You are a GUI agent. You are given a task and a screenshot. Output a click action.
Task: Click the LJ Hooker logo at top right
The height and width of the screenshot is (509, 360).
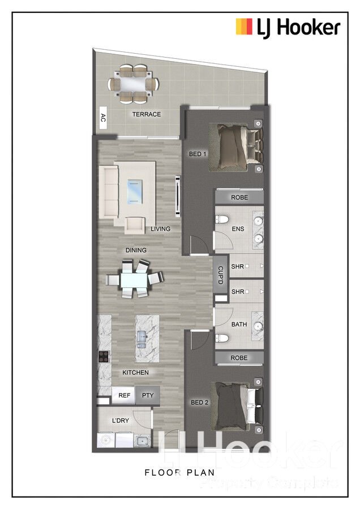pos(288,27)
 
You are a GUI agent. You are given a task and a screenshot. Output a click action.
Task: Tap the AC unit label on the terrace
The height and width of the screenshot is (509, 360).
pos(103,118)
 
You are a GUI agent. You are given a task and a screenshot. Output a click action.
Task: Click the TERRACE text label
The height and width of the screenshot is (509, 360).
pos(147,114)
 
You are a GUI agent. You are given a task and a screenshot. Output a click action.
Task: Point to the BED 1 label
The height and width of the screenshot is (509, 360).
pos(197,153)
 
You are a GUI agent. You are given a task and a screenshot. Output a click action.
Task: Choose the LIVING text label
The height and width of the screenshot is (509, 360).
pos(161,229)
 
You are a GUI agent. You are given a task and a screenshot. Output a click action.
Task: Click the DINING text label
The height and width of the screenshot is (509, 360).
pos(136,250)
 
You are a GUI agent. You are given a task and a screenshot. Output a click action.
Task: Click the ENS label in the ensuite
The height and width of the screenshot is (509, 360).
pos(238,229)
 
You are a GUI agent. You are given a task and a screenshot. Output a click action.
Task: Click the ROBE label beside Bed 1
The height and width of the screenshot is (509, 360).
pos(238,197)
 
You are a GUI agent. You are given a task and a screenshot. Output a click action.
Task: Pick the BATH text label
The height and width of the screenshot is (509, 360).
pos(239,325)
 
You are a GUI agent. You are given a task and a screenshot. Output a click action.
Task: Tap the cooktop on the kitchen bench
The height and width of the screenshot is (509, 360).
pos(104,356)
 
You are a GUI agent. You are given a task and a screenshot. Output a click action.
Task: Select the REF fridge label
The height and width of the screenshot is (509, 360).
pos(125,396)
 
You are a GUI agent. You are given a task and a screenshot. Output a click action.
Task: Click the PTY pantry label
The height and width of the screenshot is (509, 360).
pos(148,396)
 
